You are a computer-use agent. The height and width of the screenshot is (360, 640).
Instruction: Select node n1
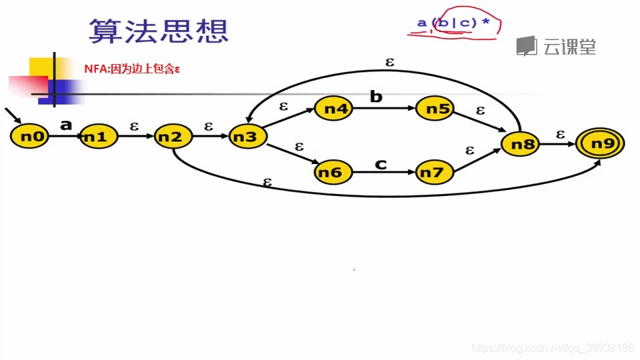[99, 137]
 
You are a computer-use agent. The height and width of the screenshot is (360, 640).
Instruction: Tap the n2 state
[173, 137]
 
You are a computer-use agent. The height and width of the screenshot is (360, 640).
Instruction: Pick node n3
[247, 137]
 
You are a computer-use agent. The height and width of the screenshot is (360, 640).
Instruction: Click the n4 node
[333, 109]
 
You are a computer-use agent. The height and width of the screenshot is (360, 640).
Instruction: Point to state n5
[434, 109]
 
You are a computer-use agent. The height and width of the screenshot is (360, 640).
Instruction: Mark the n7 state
[434, 173]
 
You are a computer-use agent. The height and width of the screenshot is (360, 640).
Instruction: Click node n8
[519, 144]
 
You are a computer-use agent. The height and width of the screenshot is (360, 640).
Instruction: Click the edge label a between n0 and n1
[65, 124]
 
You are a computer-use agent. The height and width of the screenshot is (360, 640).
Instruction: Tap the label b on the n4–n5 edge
[376, 97]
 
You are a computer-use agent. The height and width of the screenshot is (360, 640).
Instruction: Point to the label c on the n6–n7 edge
[381, 163]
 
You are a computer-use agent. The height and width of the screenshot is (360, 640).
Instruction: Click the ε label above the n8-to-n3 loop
[390, 62]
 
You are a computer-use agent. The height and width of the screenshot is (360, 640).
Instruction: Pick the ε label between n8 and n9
[560, 134]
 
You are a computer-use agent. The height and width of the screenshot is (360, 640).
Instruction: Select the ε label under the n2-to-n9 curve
[267, 181]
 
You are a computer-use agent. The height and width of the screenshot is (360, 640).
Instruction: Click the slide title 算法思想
[159, 31]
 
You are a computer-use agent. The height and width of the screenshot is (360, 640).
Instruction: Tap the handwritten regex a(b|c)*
[453, 24]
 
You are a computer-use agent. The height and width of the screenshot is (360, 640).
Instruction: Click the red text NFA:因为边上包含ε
[133, 68]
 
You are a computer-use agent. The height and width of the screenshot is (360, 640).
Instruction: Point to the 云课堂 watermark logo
[557, 46]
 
